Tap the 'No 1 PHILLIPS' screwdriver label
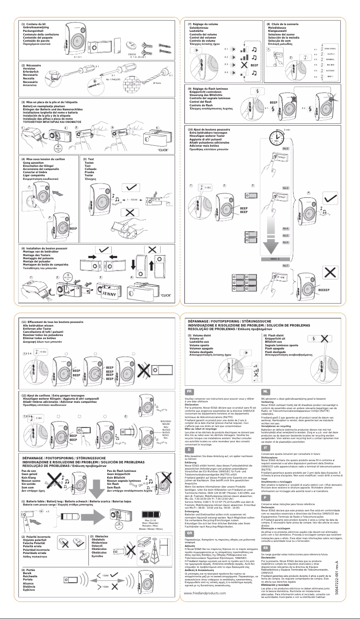coord(118,79)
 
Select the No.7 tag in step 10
coord(285,266)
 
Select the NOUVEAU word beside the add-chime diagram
coord(166,422)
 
